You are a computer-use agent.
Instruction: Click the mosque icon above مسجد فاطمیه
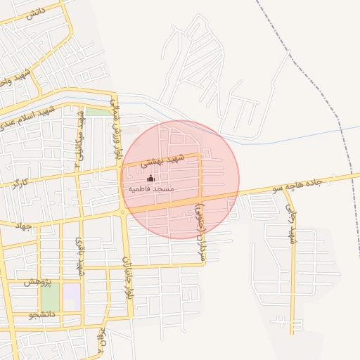[150, 179]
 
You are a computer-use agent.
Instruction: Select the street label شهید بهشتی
[162, 160]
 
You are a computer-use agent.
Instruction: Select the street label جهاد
[23, 224]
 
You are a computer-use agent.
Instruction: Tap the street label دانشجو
[42, 314]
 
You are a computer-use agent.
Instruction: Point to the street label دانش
[35, 15]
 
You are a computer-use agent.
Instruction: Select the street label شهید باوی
[80, 257]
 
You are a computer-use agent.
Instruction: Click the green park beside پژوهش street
[49, 295]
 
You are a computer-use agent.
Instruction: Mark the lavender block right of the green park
[71, 295]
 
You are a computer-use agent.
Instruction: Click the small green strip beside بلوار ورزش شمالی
[98, 111]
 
